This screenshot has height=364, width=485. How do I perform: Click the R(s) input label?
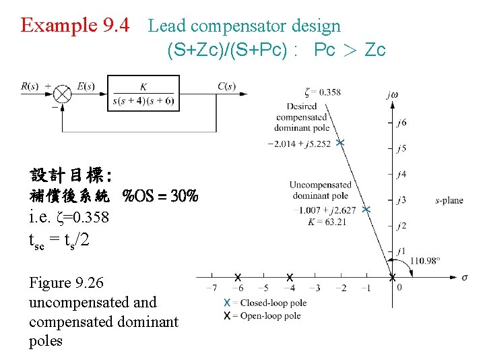(x=30, y=86)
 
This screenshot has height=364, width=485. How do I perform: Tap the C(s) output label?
(x=227, y=86)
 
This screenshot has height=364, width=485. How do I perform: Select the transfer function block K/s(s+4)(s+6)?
(x=143, y=93)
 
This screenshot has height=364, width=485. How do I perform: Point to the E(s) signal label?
(x=86, y=86)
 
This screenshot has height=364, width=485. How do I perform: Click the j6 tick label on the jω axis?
(x=402, y=123)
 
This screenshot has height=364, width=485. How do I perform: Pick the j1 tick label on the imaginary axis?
(x=402, y=251)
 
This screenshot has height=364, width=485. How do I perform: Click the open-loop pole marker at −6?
(x=238, y=277)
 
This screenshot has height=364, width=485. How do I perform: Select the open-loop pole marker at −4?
(x=290, y=277)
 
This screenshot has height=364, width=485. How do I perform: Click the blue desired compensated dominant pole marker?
(x=340, y=143)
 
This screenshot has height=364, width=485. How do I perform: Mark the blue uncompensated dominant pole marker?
(x=366, y=210)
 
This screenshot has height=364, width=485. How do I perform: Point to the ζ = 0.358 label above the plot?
(x=322, y=92)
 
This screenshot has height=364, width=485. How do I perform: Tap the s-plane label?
(x=449, y=200)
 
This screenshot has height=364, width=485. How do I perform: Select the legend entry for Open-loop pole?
(x=264, y=315)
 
